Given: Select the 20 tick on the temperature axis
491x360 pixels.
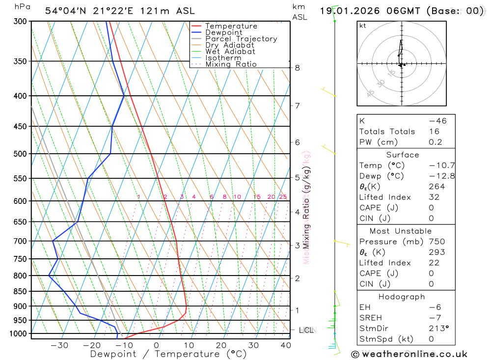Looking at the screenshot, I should [x=221, y=345].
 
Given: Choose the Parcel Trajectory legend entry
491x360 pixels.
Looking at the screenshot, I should [x=241, y=39].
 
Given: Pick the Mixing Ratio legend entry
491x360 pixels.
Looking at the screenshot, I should [x=231, y=64].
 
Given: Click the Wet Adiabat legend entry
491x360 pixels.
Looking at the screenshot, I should [x=230, y=51].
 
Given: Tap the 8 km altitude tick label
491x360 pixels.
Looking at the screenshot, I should [x=297, y=68].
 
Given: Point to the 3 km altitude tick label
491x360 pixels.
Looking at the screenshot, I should [x=297, y=245].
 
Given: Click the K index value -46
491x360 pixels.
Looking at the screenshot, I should [x=437, y=121].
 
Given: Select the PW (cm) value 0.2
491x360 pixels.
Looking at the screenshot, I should [x=435, y=142].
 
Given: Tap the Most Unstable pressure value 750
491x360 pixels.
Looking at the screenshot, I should [x=436, y=242].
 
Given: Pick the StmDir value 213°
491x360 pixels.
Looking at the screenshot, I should [x=436, y=329].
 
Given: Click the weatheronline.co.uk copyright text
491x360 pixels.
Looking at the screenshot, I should [x=409, y=354].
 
